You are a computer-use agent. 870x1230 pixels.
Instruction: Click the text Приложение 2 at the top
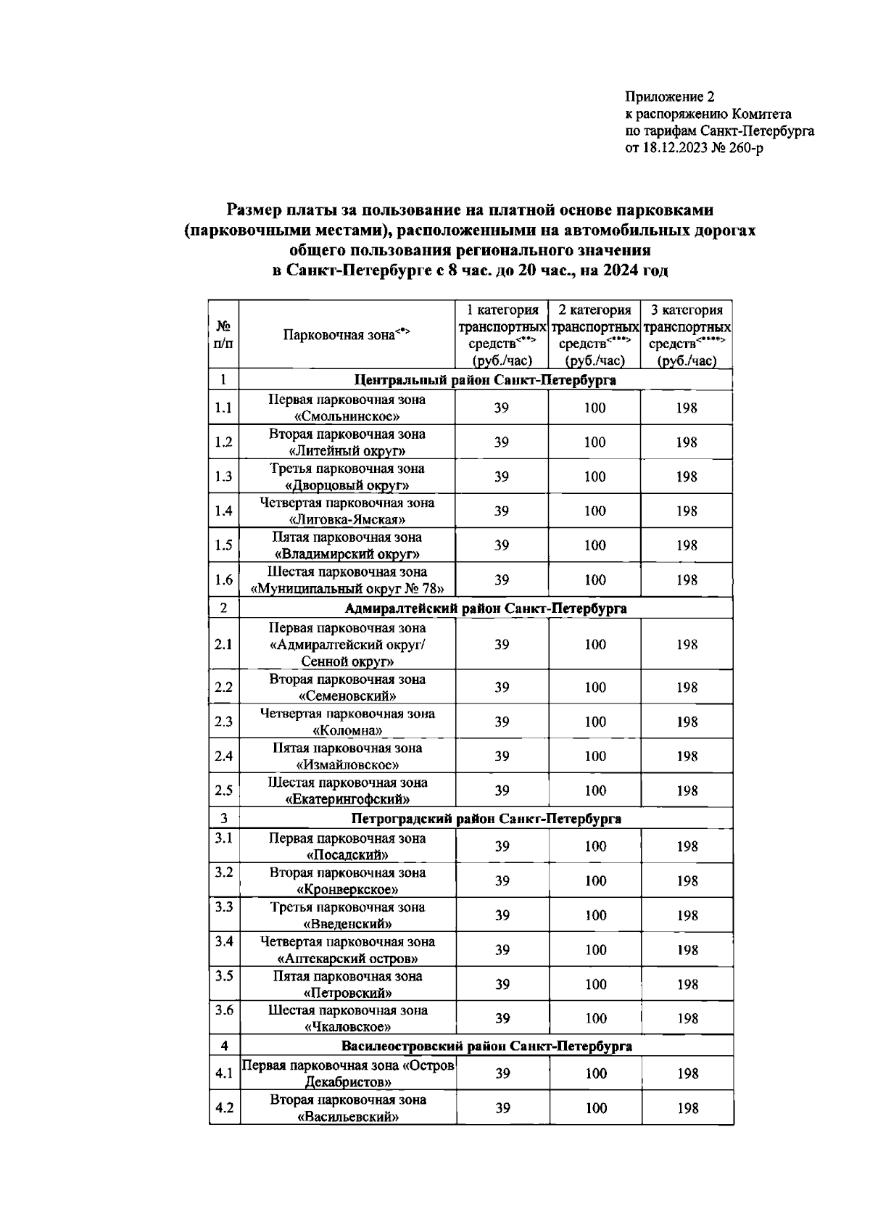point(670,96)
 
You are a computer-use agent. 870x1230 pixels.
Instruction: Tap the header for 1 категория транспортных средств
point(502,335)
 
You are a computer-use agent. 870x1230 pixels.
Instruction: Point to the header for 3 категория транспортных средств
point(687,335)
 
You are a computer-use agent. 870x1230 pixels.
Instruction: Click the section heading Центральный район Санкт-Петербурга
point(485,380)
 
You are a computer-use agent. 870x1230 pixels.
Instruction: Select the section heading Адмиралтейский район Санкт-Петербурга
point(485,608)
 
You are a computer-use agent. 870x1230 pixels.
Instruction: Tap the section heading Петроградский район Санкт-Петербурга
point(486,819)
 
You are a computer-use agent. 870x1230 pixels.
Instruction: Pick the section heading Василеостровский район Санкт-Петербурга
point(486,1046)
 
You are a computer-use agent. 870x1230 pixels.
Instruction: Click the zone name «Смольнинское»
point(347,416)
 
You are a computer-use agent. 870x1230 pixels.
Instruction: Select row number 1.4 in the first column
point(223,511)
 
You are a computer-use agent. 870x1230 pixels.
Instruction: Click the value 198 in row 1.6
point(687,580)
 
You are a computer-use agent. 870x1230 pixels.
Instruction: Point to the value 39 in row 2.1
point(502,644)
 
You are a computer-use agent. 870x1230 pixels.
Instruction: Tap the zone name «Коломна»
point(347,730)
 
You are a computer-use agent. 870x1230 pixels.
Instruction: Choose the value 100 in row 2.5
point(595,791)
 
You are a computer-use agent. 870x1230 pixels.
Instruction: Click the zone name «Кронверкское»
point(347,889)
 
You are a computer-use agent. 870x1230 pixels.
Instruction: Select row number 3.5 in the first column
point(224,975)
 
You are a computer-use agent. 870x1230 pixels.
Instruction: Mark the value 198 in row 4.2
point(687,1108)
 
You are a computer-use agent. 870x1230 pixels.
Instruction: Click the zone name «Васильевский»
point(347,1117)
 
